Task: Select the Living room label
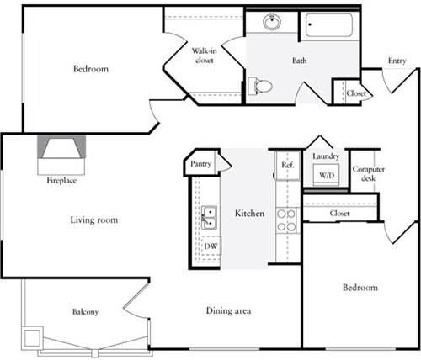(93, 220)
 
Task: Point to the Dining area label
(229, 310)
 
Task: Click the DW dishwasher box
(210, 246)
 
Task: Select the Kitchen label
(250, 214)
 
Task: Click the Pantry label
(200, 164)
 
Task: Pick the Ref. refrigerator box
(287, 165)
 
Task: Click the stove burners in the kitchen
(287, 220)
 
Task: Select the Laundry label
(325, 156)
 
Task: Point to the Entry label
(397, 60)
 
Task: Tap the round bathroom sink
(272, 23)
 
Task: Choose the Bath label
(300, 61)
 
